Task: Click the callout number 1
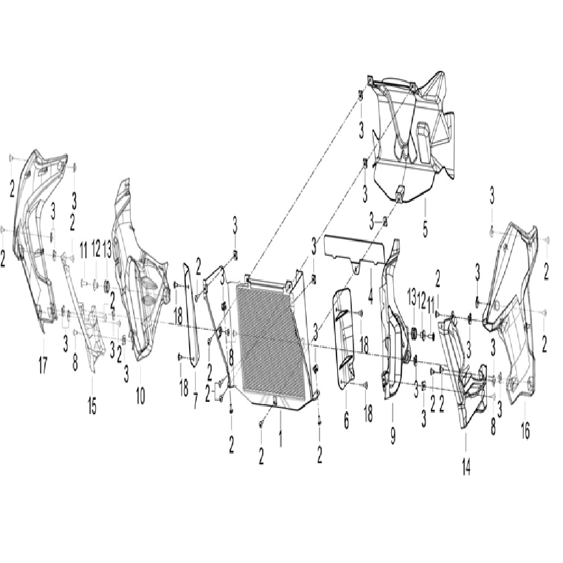(x=280, y=436)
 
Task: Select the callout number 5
(x=425, y=227)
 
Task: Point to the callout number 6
(x=346, y=420)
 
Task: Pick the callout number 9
(x=393, y=435)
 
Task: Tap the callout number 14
(x=466, y=466)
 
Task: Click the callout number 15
(x=92, y=406)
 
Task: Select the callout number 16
(x=525, y=430)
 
